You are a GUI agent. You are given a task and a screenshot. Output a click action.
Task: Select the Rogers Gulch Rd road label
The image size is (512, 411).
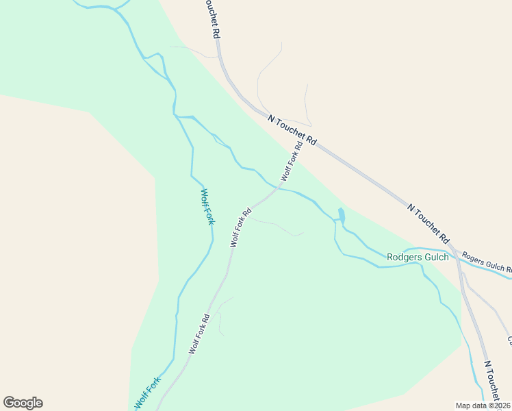[x=486, y=264]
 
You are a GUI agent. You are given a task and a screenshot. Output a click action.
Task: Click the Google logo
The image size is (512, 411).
[x=23, y=403]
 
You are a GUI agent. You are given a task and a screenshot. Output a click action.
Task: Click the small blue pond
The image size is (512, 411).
[x=341, y=216]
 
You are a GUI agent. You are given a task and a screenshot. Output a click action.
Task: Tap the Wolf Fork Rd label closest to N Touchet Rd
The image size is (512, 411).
[x=291, y=162]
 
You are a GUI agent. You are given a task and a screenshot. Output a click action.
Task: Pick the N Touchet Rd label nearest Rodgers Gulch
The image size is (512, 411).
[x=428, y=223]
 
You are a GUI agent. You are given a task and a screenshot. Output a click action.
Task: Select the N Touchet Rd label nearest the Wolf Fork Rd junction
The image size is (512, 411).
[x=293, y=129]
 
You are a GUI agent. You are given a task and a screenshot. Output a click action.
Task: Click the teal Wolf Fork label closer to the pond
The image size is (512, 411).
[x=207, y=207]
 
